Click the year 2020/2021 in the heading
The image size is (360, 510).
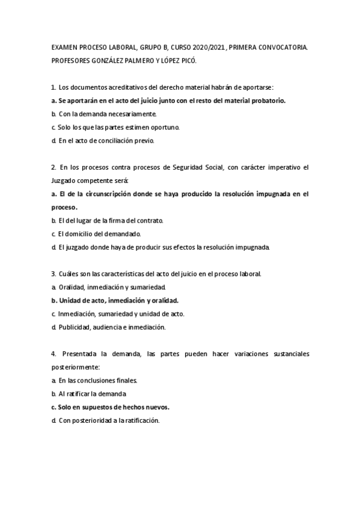[209, 47]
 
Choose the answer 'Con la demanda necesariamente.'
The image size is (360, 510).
[108, 114]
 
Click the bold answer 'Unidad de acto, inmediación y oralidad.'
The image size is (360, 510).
[120, 301]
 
